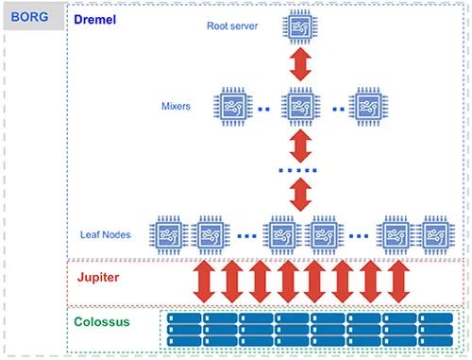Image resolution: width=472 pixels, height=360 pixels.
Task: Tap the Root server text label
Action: (232, 26)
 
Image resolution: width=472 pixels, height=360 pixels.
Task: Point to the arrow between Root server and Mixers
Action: (299, 66)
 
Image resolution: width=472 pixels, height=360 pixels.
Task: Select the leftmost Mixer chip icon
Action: (233, 107)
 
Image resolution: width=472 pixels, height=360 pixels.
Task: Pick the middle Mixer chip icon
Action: (299, 107)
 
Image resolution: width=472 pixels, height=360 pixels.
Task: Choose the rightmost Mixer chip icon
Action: (365, 107)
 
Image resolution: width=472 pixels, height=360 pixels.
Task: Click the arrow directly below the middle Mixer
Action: (299, 146)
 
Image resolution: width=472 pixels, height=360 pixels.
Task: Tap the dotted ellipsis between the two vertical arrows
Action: (299, 171)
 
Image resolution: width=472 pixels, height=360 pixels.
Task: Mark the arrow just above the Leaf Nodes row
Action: (299, 195)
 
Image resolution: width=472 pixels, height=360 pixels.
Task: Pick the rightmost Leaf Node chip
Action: (437, 234)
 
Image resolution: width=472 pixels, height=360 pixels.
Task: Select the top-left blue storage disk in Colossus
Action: (184, 318)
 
